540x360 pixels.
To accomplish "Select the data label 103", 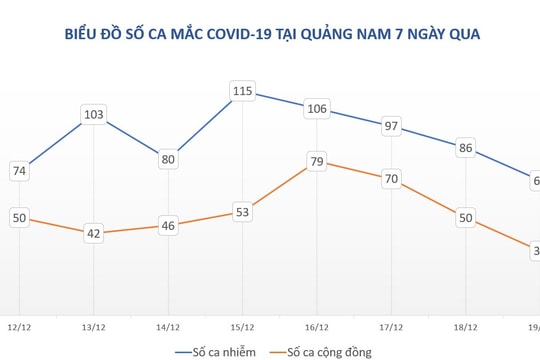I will pyautogui.click(x=94, y=115).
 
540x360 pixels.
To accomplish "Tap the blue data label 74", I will pyautogui.click(x=19, y=172).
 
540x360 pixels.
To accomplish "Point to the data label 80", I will pyautogui.click(x=169, y=159).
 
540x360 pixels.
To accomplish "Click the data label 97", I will pyautogui.click(x=392, y=126).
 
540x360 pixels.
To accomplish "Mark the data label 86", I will pyautogui.click(x=466, y=148).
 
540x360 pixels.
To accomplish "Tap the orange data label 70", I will pyautogui.click(x=392, y=180).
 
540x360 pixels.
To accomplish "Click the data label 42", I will pyautogui.click(x=94, y=234).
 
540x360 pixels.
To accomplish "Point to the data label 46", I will pyautogui.click(x=169, y=226).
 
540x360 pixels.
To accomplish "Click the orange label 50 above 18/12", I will pyautogui.click(x=466, y=218).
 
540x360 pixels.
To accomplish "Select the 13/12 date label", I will pyautogui.click(x=94, y=326).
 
